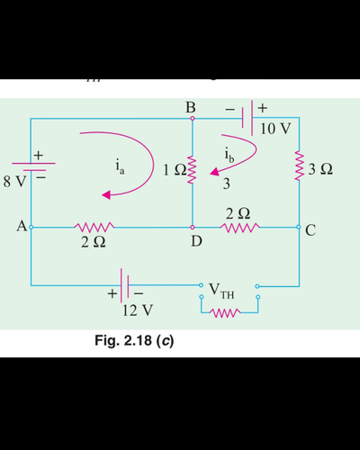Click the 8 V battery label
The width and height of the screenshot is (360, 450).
(x=14, y=181)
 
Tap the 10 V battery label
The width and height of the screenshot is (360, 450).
(x=275, y=129)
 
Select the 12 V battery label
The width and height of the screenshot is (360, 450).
(x=138, y=310)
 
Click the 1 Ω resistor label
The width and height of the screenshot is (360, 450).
(x=175, y=170)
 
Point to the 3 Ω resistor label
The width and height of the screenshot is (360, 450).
(x=320, y=169)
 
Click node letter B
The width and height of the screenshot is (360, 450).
(x=191, y=107)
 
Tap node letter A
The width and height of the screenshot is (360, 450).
(x=22, y=226)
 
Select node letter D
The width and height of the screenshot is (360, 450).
(x=196, y=240)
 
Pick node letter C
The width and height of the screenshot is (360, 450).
(x=310, y=230)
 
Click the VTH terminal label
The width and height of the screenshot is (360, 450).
(x=221, y=292)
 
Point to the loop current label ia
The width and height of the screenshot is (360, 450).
(x=120, y=168)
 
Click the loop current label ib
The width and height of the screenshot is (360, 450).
(x=229, y=156)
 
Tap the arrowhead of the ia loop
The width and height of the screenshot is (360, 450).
(x=106, y=195)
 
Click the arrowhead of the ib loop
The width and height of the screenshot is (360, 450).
(x=214, y=172)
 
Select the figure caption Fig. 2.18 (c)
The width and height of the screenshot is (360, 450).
(x=134, y=341)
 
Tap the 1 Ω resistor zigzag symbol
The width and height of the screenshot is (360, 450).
(x=193, y=170)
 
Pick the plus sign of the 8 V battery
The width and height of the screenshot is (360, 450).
(x=39, y=155)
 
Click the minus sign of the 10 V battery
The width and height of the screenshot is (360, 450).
(x=229, y=110)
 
